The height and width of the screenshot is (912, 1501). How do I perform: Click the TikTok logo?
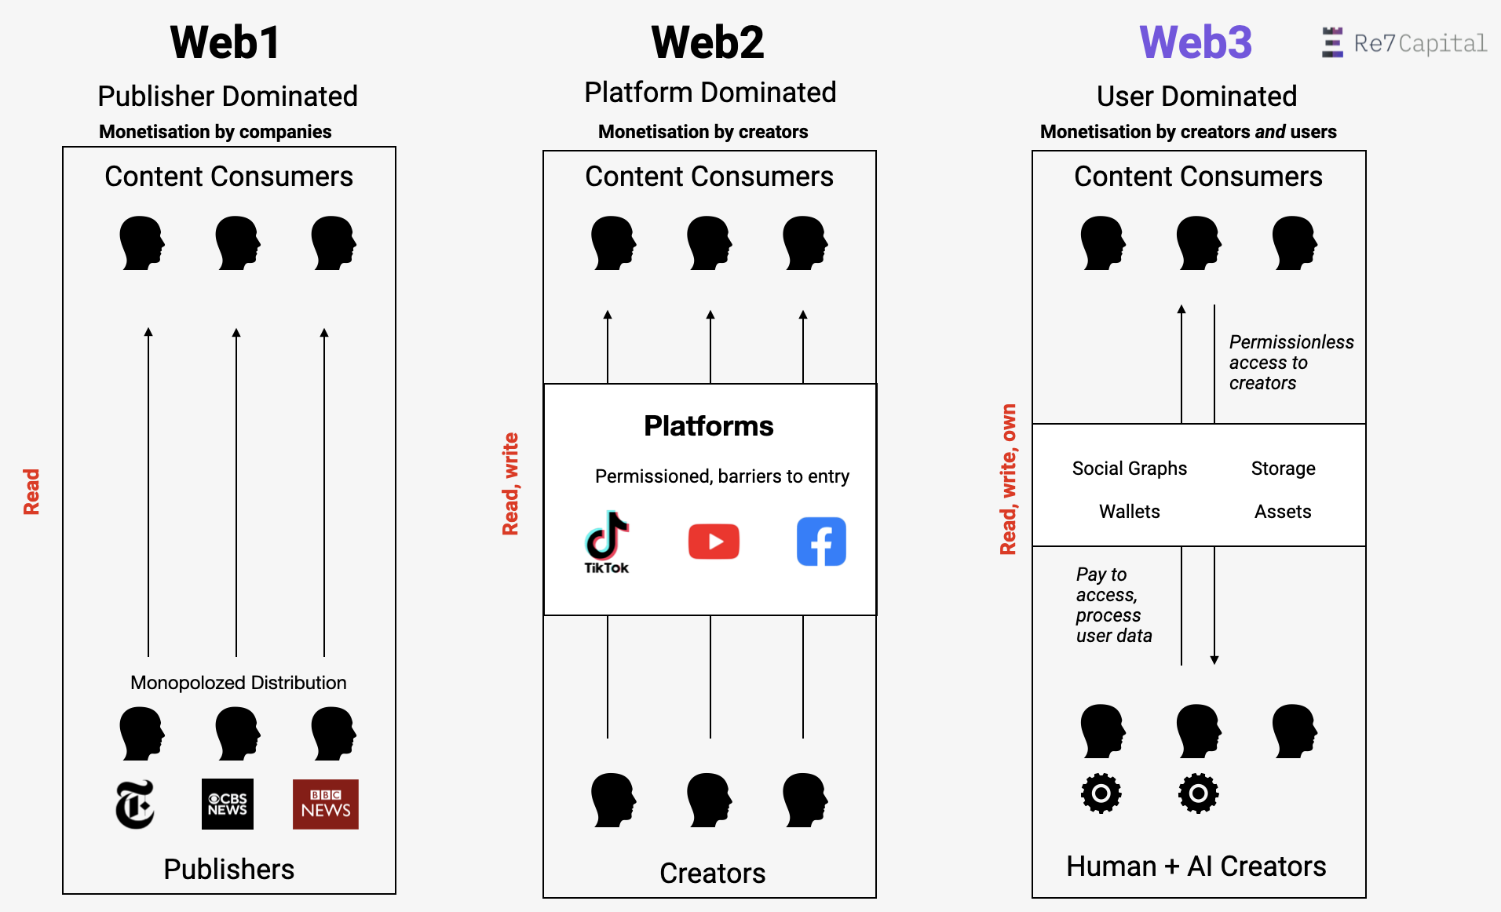[x=607, y=542]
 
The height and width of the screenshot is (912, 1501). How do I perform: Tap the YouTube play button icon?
[x=714, y=542]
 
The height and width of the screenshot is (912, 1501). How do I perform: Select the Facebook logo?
[x=821, y=542]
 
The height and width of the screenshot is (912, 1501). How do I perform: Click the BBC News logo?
[x=325, y=804]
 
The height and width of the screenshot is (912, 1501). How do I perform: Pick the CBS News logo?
[x=228, y=804]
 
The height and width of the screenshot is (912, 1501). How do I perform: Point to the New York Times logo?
[x=135, y=804]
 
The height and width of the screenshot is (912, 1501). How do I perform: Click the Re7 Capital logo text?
[x=1419, y=43]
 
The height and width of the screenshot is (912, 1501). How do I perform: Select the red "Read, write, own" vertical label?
[x=1008, y=479]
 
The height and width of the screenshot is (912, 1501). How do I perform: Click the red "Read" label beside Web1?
[x=31, y=491]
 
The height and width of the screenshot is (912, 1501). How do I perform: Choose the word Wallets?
[x=1129, y=512]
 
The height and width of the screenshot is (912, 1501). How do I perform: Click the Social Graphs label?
[x=1129, y=469]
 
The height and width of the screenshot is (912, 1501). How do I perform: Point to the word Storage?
[x=1283, y=469]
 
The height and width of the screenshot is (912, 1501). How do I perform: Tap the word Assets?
[x=1283, y=512]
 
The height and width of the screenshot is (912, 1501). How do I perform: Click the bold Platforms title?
[x=708, y=425]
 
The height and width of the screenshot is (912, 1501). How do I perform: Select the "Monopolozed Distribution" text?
[x=238, y=683]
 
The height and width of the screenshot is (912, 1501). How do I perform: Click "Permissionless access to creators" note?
[x=1290, y=363]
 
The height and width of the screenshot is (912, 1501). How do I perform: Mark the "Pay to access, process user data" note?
[x=1113, y=604]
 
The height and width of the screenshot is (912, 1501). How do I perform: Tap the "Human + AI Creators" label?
[x=1196, y=866]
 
